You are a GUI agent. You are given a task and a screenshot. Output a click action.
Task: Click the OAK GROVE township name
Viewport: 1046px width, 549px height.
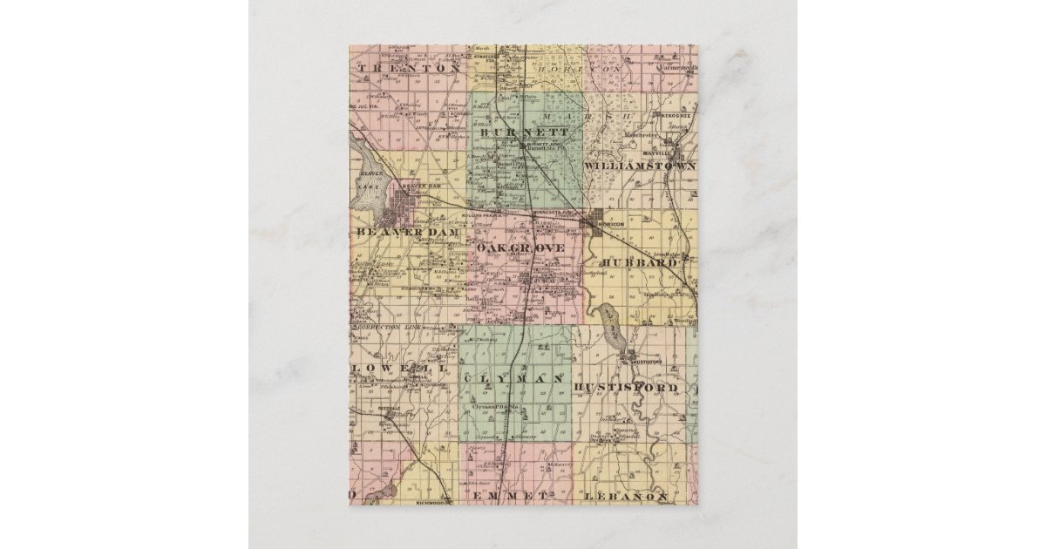[x=521, y=248]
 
